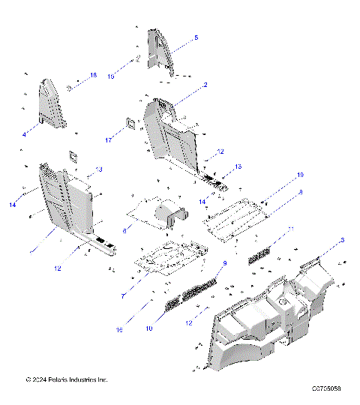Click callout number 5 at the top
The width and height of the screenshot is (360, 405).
(196, 37)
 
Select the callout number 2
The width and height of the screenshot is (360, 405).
(205, 85)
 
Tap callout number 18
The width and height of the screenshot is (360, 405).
(94, 76)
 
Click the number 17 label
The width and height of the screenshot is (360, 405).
(108, 139)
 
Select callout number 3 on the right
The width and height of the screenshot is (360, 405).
(342, 240)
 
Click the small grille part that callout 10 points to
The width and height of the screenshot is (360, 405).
(172, 302)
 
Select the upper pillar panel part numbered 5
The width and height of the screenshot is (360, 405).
(160, 52)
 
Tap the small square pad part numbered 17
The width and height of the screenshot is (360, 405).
(130, 122)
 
